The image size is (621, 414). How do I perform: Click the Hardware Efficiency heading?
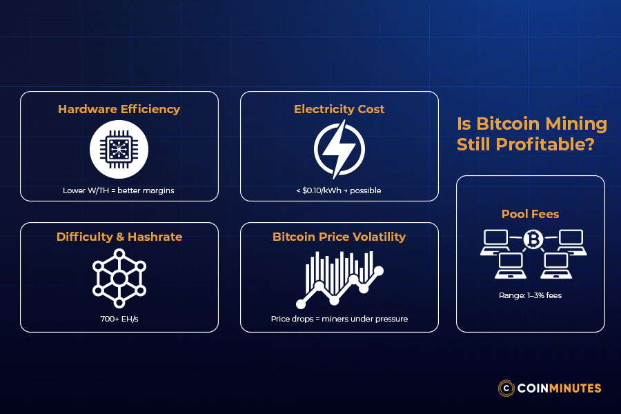[119, 109]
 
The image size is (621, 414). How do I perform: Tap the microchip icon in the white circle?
[119, 149]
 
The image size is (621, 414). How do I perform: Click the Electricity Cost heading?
[339, 109]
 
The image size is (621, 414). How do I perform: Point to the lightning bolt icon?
[339, 149]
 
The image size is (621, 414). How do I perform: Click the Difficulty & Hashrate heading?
[119, 237]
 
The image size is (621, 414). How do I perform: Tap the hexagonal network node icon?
[119, 277]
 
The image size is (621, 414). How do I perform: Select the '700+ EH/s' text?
[119, 319]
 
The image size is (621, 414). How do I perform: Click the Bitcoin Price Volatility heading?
[339, 237]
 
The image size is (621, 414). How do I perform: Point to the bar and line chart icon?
[339, 277]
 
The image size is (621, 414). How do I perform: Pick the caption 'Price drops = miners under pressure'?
[339, 319]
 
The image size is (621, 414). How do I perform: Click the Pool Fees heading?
[530, 214]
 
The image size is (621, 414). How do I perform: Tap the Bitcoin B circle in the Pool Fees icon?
[533, 239]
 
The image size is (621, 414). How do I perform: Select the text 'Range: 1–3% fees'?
[530, 295]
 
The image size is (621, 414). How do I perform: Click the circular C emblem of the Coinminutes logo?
[507, 388]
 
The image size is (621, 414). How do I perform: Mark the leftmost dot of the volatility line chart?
[301, 304]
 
